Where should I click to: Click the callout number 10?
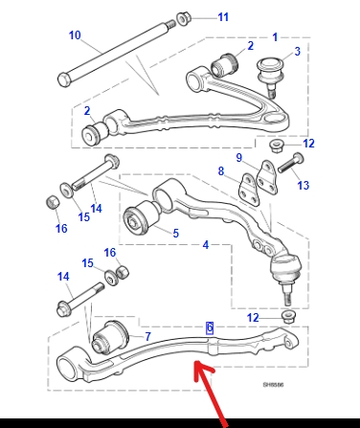75,35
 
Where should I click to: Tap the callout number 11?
223,17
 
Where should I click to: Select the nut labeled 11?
183,18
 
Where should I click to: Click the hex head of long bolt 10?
64,79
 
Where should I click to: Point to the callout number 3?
297,52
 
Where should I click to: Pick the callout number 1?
275,37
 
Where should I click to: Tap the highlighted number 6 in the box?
210,327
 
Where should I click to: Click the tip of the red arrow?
195,362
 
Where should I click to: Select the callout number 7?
147,336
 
